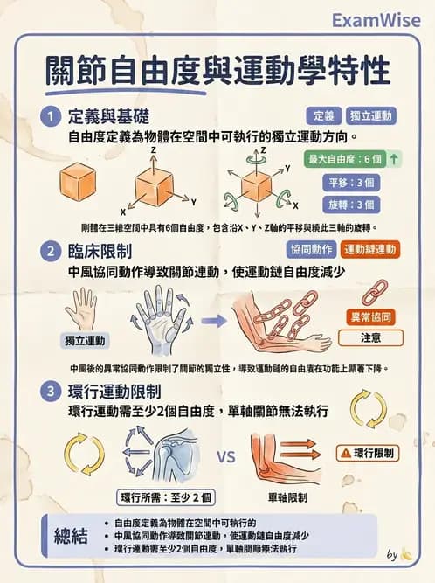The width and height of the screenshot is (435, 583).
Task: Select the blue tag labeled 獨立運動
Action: pos(371,115)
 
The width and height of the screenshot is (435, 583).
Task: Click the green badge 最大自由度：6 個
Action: pos(346,159)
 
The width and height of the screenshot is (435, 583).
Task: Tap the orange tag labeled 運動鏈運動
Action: pos(371,250)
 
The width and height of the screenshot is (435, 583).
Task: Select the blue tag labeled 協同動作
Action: pos(312,250)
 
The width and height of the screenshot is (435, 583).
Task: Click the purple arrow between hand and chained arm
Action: pos(214,321)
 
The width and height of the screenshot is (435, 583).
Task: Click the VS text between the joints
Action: pos(226,456)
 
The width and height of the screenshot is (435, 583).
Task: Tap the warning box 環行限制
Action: pos(369,453)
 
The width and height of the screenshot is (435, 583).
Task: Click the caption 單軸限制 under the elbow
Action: pos(287,497)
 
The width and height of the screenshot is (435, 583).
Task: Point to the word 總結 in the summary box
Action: pos(71,535)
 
